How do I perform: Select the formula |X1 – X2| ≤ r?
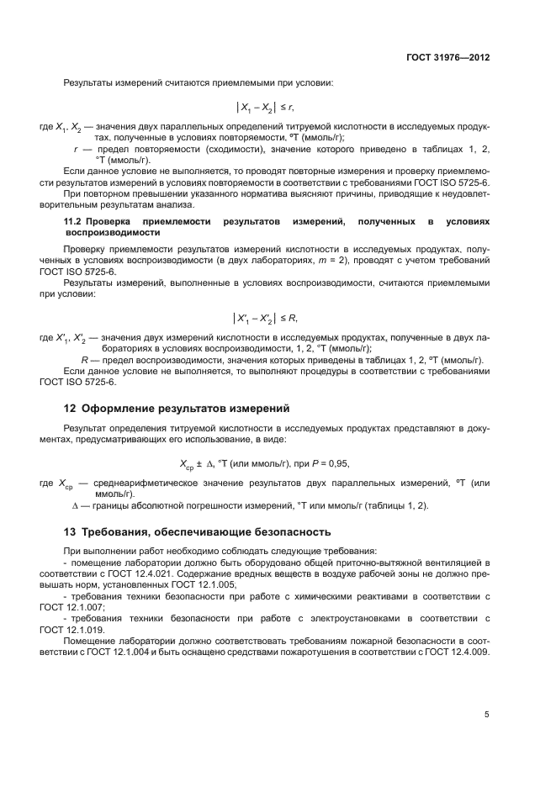(264, 108)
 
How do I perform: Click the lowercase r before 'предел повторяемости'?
(77, 149)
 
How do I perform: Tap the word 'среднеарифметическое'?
(139, 483)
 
